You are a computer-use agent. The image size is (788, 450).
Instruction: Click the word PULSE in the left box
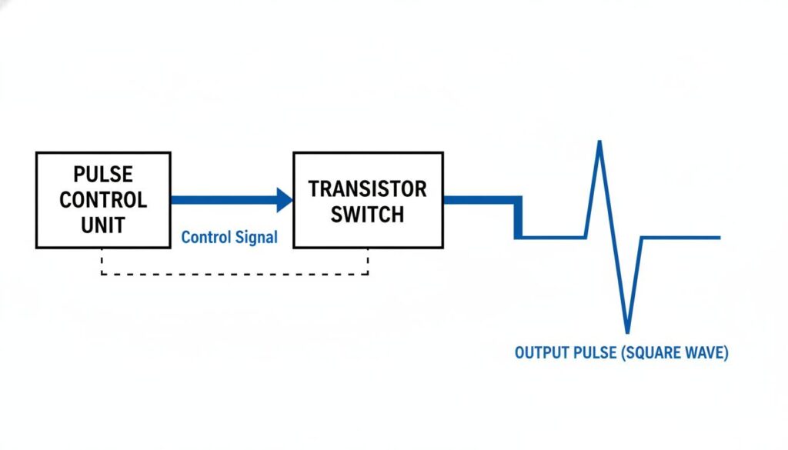(x=103, y=174)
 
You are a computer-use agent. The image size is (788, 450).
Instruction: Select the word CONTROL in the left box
(x=103, y=200)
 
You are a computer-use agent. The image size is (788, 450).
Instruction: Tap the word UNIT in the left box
(x=103, y=225)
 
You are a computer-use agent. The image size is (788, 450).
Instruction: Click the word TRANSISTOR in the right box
(x=367, y=188)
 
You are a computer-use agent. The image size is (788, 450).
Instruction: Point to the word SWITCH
(x=367, y=214)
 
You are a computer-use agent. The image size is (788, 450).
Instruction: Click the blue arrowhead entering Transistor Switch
(x=285, y=200)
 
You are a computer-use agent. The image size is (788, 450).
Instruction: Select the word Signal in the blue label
(x=255, y=237)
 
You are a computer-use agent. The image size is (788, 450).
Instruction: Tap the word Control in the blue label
(x=205, y=237)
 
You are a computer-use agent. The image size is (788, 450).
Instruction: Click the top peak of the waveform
(x=599, y=143)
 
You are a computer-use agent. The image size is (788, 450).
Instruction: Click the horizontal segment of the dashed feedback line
(x=235, y=274)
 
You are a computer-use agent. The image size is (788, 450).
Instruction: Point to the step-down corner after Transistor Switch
(x=519, y=201)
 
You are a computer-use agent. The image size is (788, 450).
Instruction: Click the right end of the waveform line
(x=718, y=238)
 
